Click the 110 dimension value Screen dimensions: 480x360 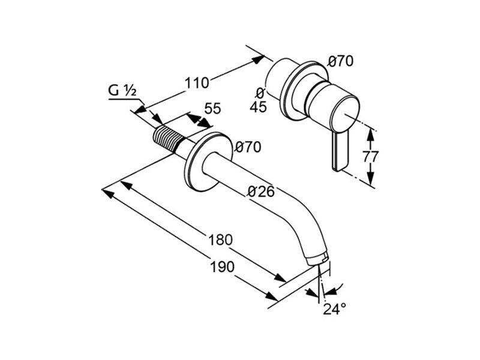click(x=197, y=83)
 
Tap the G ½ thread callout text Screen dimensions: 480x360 click(x=122, y=91)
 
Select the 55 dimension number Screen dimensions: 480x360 click(x=212, y=109)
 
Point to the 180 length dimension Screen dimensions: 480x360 click(x=220, y=239)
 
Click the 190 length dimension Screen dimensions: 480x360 click(x=222, y=267)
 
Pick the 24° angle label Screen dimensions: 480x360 click(x=335, y=309)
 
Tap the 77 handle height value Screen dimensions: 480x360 click(x=371, y=157)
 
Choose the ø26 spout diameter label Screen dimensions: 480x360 click(x=261, y=191)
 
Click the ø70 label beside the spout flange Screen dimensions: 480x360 click(x=248, y=147)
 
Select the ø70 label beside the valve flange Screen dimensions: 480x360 click(x=340, y=61)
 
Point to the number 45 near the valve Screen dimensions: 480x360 click(x=259, y=107)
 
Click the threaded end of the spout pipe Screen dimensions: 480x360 click(x=168, y=138)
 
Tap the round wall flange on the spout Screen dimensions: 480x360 click(x=208, y=161)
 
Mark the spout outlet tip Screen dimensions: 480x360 click(x=319, y=260)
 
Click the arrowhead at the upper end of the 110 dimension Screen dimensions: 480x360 click(x=257, y=59)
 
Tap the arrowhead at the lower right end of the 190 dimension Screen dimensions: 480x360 click(x=271, y=296)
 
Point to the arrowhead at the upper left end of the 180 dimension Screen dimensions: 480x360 click(x=127, y=185)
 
